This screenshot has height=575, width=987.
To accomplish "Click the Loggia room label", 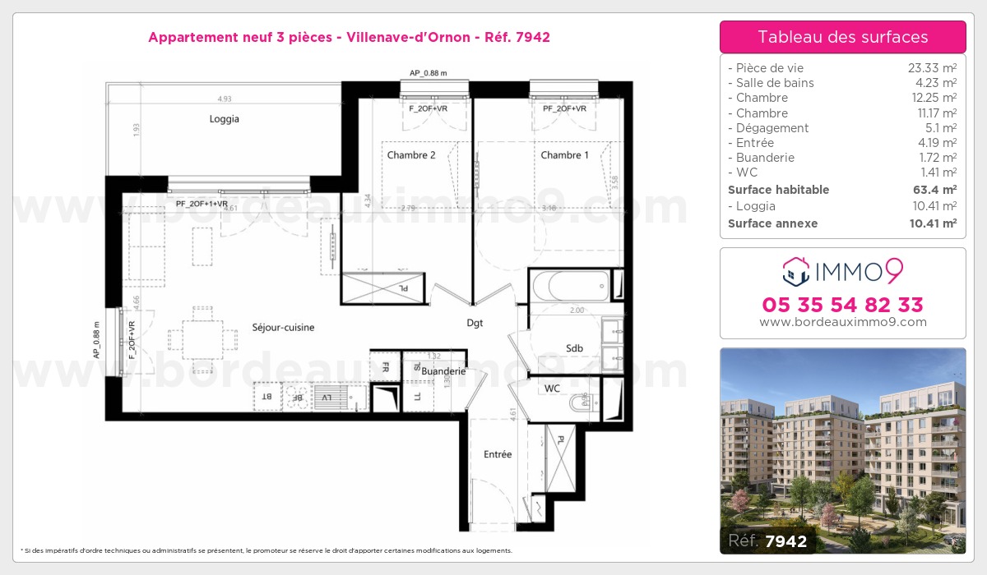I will pos(224,119).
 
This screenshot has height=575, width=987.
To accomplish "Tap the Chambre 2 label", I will pos(410,155).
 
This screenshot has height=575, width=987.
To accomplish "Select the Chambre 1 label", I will pos(564,155).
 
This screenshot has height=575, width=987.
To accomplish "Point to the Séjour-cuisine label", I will pos(283,328).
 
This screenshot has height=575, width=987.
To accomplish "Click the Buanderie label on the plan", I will pos(443,371).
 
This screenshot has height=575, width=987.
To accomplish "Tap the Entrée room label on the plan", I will pos(498,454).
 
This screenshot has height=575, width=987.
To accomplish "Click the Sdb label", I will pos(574,348).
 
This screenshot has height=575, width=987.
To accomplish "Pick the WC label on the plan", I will pos(553,388).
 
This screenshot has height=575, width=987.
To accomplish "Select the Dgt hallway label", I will pos(475,323).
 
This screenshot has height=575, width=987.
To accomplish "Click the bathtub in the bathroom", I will pos(572,287).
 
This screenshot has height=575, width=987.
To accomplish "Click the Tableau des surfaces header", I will pos(842,37).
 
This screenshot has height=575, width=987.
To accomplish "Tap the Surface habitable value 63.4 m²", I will pos(935,190).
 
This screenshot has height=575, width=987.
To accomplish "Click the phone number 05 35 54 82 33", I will pos(842,305).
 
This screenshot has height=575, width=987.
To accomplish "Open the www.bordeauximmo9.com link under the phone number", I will pos(842,322).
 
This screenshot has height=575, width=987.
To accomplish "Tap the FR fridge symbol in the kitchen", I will pos(384,368).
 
